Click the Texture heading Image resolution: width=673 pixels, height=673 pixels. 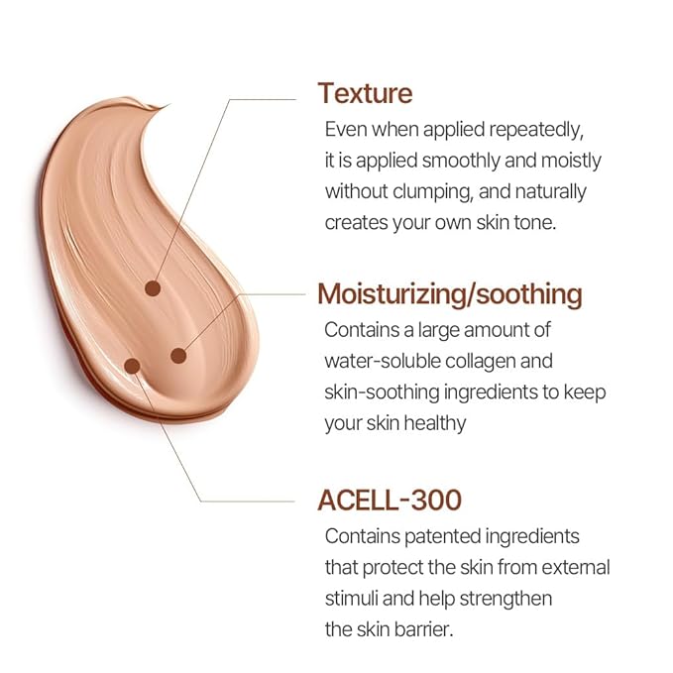(365, 93)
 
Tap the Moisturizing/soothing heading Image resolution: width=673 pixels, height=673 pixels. (449, 294)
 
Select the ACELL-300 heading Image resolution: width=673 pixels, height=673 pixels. (390, 500)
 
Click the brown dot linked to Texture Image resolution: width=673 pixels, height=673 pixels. (153, 288)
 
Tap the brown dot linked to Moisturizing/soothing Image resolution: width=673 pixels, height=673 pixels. (179, 355)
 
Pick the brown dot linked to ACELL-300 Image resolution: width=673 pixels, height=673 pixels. (133, 366)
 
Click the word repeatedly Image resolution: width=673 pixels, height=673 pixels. (531, 129)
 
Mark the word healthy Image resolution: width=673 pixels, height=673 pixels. (431, 423)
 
